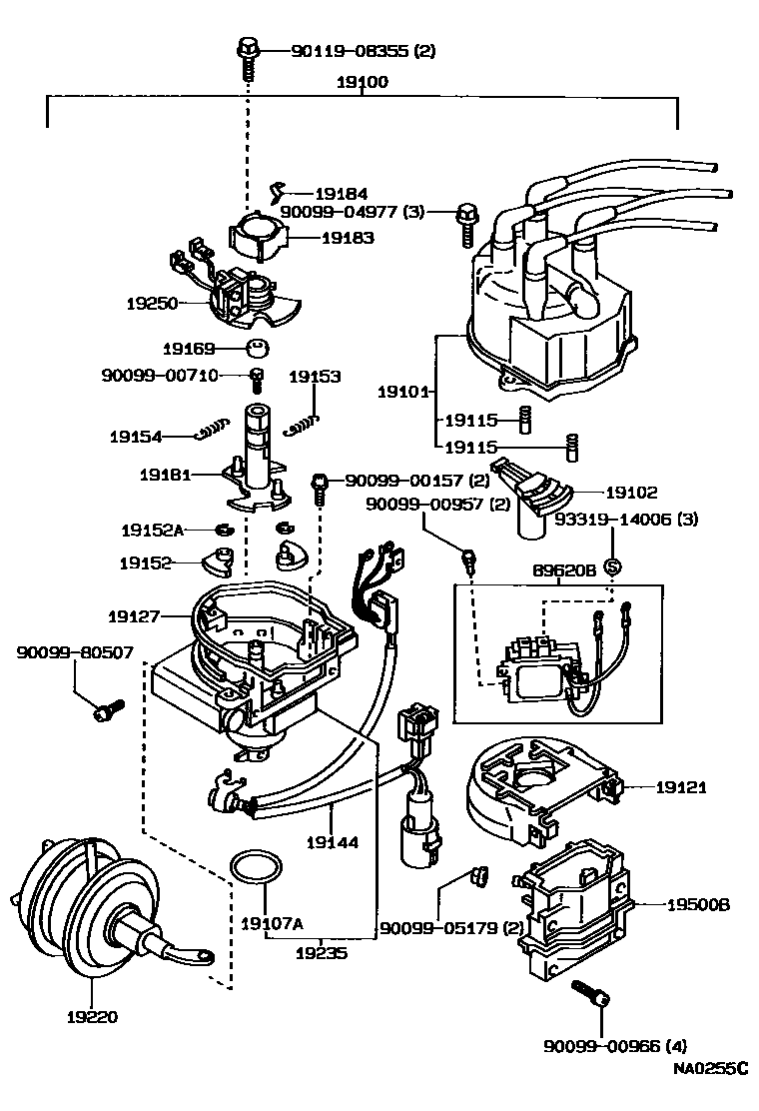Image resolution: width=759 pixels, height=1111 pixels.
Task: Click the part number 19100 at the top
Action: [x=363, y=82]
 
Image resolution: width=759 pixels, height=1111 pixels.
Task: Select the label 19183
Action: [x=347, y=238]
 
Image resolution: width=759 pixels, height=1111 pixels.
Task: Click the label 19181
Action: [x=165, y=476]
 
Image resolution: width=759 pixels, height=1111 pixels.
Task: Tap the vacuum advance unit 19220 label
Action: [x=93, y=1017]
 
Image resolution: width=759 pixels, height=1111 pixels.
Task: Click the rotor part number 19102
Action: [x=631, y=492]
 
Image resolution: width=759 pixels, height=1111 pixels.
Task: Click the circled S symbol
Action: [x=612, y=566]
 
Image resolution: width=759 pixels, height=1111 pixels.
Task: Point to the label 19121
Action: [x=681, y=787]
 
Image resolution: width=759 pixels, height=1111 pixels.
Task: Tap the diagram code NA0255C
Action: [x=708, y=1069]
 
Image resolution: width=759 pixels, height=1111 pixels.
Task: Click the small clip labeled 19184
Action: [x=280, y=192]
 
